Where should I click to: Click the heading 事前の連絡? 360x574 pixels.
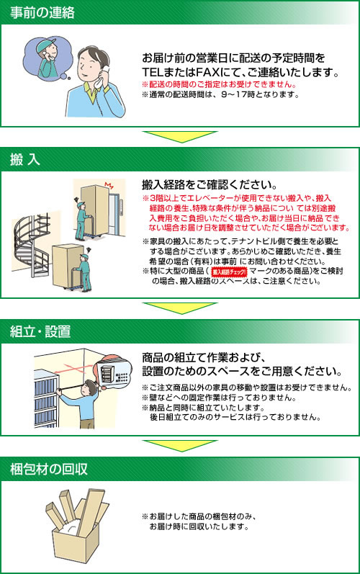[42, 13]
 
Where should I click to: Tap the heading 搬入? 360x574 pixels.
[24, 160]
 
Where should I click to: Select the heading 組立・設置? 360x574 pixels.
[40, 331]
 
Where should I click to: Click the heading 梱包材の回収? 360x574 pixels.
[49, 469]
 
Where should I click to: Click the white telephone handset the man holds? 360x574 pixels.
[102, 77]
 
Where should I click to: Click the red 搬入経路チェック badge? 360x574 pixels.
[230, 272]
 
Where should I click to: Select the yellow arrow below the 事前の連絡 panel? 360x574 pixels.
[180, 137]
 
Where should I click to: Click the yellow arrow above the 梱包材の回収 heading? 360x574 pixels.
[180, 446]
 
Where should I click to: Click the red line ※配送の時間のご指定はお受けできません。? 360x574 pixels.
[219, 84]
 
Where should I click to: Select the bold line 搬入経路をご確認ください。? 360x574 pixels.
[210, 184]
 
